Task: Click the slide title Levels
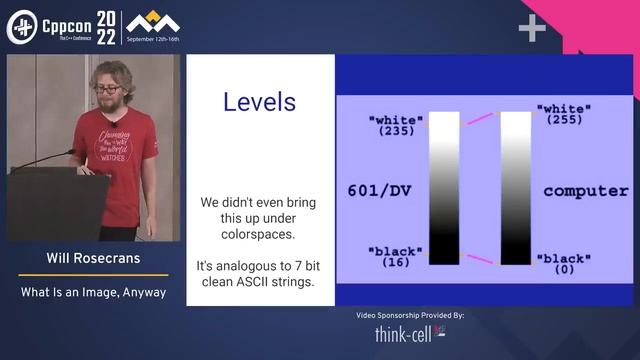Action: pos(259,102)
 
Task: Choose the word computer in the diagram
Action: pos(585,189)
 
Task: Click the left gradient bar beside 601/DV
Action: pos(444,187)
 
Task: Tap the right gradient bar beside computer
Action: pos(515,187)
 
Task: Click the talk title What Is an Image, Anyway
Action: pos(94,293)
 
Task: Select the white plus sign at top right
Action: pos(532,29)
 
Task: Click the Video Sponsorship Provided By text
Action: pos(410,315)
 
